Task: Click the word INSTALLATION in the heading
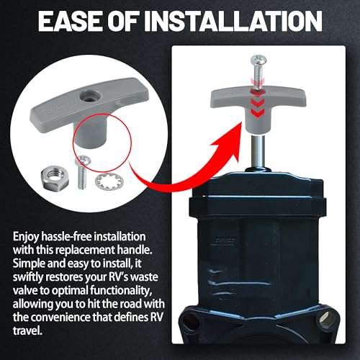pyautogui.click(x=233, y=21)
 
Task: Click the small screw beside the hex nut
pyautogui.click(x=82, y=172)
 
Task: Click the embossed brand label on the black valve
pyautogui.click(x=223, y=240)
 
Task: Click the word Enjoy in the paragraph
pyautogui.click(x=26, y=238)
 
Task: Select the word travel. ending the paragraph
pyautogui.click(x=27, y=330)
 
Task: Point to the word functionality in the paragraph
pyautogui.click(x=121, y=290)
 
